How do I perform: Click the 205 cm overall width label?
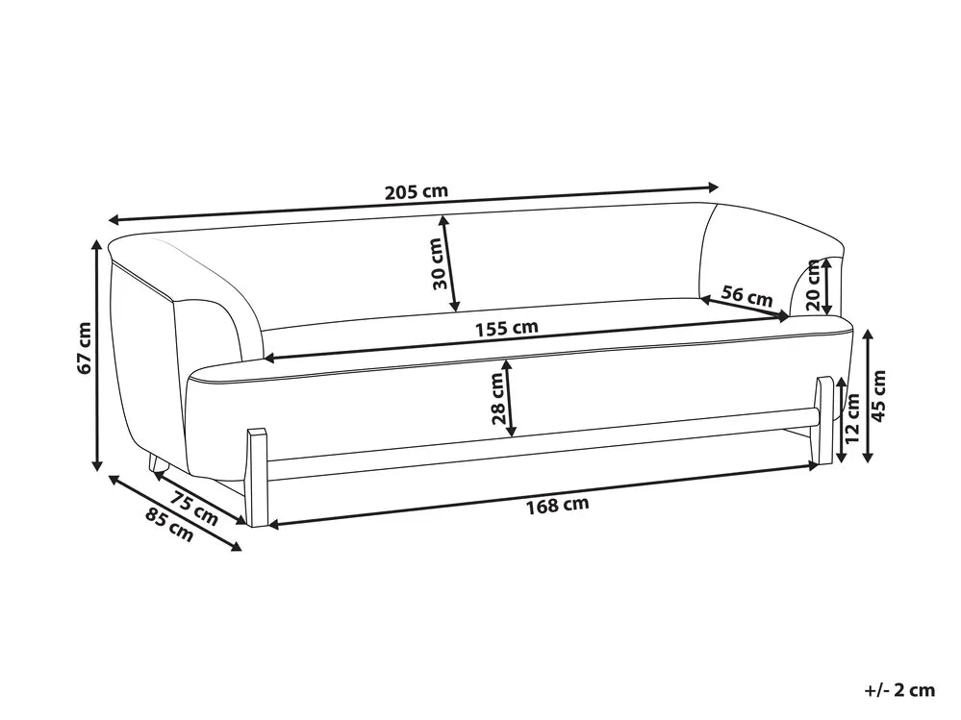tap(417, 191)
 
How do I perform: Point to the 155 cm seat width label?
tap(507, 329)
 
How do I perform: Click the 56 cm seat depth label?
tap(747, 296)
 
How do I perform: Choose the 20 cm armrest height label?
tap(813, 286)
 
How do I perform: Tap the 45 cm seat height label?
tap(879, 395)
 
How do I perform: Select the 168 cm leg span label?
tap(558, 506)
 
